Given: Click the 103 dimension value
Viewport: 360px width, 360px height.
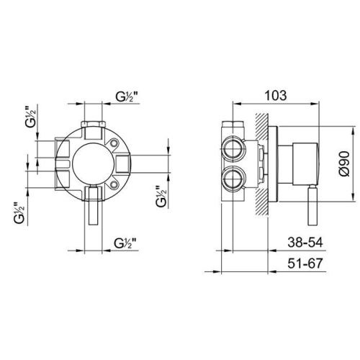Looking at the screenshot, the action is click(x=276, y=96).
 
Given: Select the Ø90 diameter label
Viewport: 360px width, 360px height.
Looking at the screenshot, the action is click(x=346, y=163).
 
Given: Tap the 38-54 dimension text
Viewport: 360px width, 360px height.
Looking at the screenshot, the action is click(x=305, y=243).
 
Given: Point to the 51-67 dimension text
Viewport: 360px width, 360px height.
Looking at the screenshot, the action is click(x=305, y=264).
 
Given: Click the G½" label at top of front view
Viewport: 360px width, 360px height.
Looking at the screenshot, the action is click(x=127, y=96).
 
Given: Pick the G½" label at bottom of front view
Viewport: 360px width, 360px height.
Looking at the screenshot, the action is click(x=126, y=243).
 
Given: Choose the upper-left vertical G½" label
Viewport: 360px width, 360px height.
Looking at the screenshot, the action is click(x=30, y=116).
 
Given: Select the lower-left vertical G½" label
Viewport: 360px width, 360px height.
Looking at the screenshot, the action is click(x=19, y=213).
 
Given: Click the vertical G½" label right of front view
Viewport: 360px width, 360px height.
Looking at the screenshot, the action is click(x=161, y=197).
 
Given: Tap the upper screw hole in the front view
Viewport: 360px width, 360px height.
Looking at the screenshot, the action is click(x=114, y=143).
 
